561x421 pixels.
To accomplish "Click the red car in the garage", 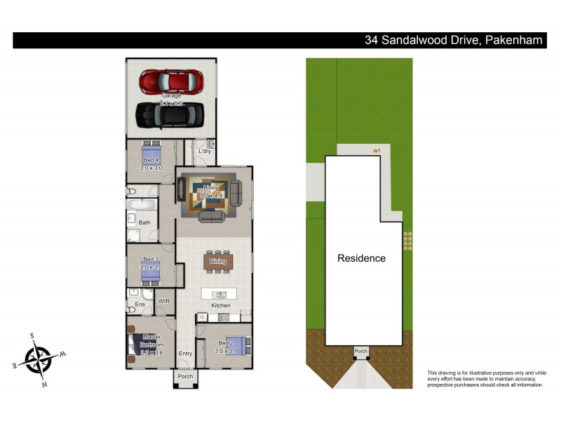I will point(171,81).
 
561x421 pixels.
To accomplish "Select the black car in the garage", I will point(170,114).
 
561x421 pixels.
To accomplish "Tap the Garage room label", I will point(171,95).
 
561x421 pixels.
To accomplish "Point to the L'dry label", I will point(205,151).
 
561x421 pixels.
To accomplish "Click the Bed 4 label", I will point(151,160).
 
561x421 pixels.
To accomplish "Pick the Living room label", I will point(211,188).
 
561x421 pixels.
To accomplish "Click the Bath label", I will point(144,222).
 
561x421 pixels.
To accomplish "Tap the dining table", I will point(218,262).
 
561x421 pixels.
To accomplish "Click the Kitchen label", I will point(221,306).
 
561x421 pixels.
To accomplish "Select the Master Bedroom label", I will point(152,341).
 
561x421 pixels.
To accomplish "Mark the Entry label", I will point(185,354).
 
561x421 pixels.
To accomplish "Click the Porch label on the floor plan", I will point(185,377).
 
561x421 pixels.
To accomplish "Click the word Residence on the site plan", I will point(362,258).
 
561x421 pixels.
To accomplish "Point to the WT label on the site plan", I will point(377,149).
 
